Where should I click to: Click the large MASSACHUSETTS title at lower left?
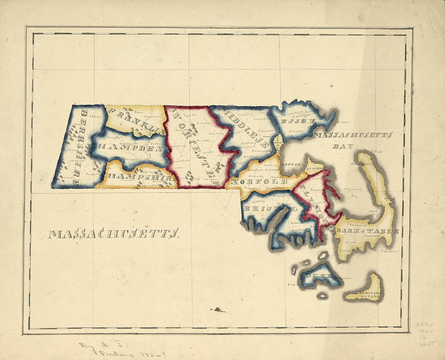(113, 234)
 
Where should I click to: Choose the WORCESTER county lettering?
(194, 147)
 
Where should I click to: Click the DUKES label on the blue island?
(320, 277)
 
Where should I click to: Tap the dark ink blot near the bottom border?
(218, 310)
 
